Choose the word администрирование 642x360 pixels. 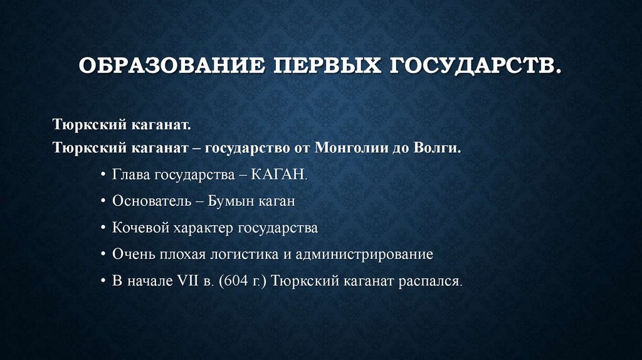(x=364, y=255)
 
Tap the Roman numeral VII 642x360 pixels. (x=189, y=281)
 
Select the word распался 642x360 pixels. (x=429, y=281)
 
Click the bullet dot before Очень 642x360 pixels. (x=103, y=255)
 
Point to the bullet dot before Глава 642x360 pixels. (x=103, y=176)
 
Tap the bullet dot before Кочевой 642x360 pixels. (x=103, y=229)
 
